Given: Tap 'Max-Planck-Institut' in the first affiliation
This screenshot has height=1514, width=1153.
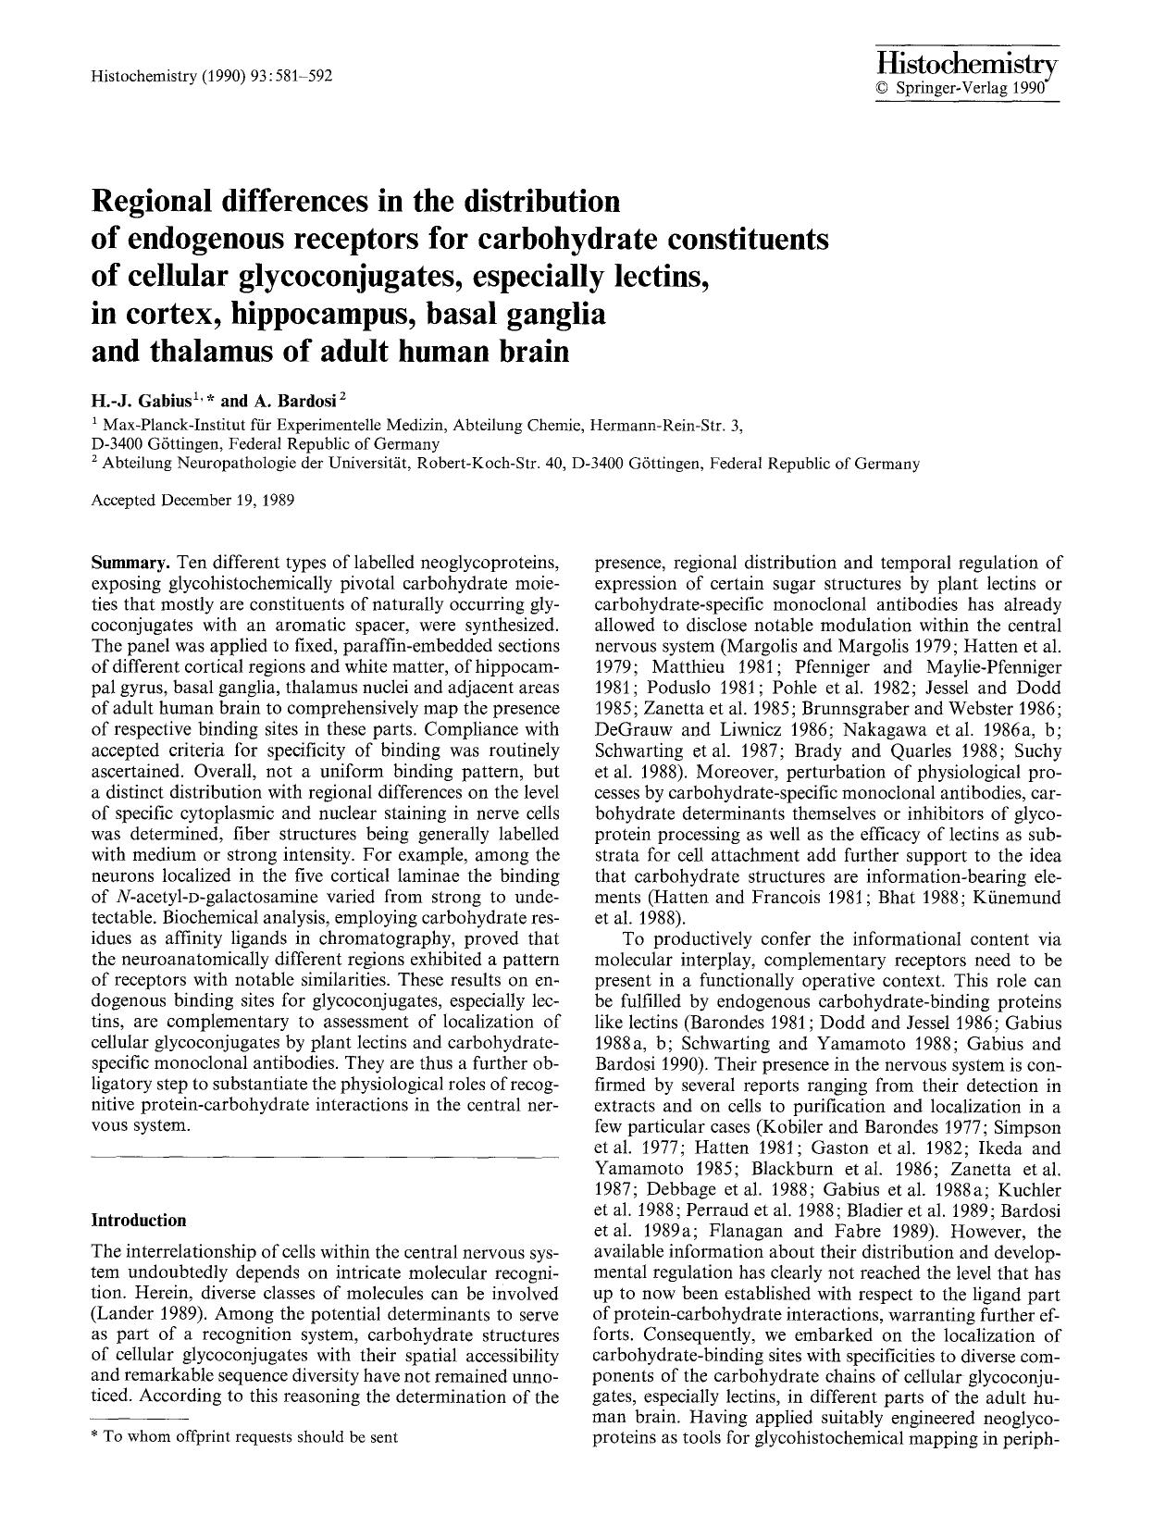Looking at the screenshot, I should click(167, 425).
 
